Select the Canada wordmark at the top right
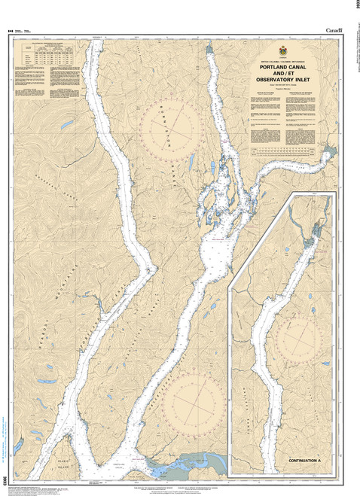(333, 29)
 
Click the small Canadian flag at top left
(11, 30)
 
